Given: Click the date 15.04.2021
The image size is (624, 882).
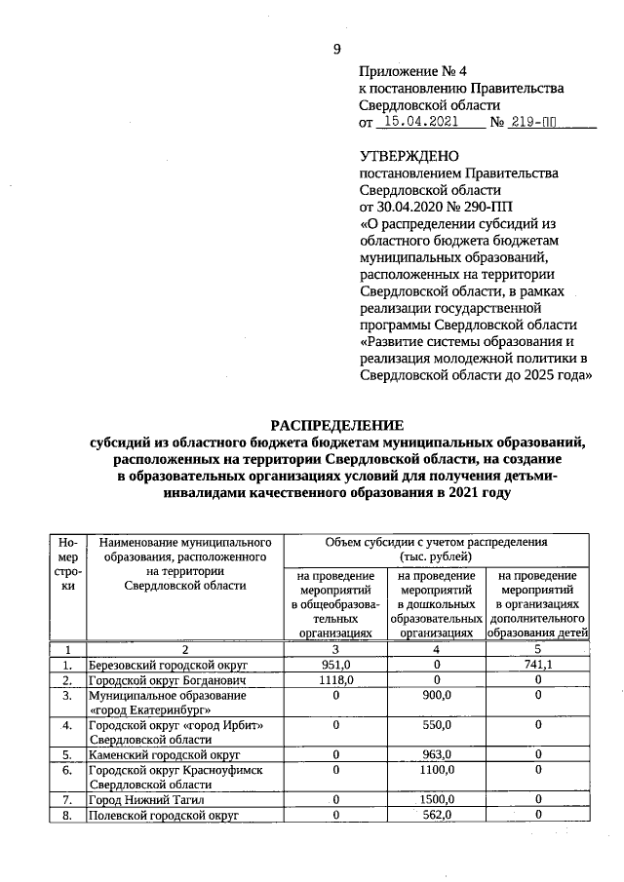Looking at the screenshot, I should (x=420, y=123).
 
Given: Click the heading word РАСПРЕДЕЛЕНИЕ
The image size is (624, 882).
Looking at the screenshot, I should (x=336, y=426).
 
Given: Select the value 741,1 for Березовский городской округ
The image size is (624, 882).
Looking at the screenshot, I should (x=536, y=664).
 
